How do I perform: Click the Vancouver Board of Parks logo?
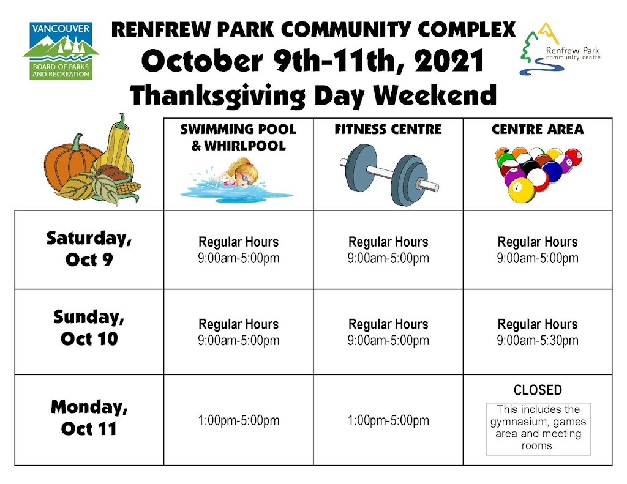[61, 51]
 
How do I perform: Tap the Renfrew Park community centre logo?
[560, 50]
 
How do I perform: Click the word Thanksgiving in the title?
[217, 96]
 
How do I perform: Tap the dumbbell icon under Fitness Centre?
[389, 174]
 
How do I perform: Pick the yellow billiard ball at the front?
[521, 189]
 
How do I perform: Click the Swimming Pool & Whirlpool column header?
[238, 137]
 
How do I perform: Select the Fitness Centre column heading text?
[388, 130]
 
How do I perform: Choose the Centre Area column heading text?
[538, 130]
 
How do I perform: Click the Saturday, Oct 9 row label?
[89, 248]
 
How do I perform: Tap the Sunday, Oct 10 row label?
[89, 328]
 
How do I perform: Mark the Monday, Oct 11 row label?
[89, 418]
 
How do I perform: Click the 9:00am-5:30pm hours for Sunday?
[538, 341]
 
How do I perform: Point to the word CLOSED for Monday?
[538, 390]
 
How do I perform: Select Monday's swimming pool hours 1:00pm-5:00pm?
[239, 420]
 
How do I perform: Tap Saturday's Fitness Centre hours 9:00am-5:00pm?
[388, 258]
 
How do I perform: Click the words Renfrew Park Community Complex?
[313, 29]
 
